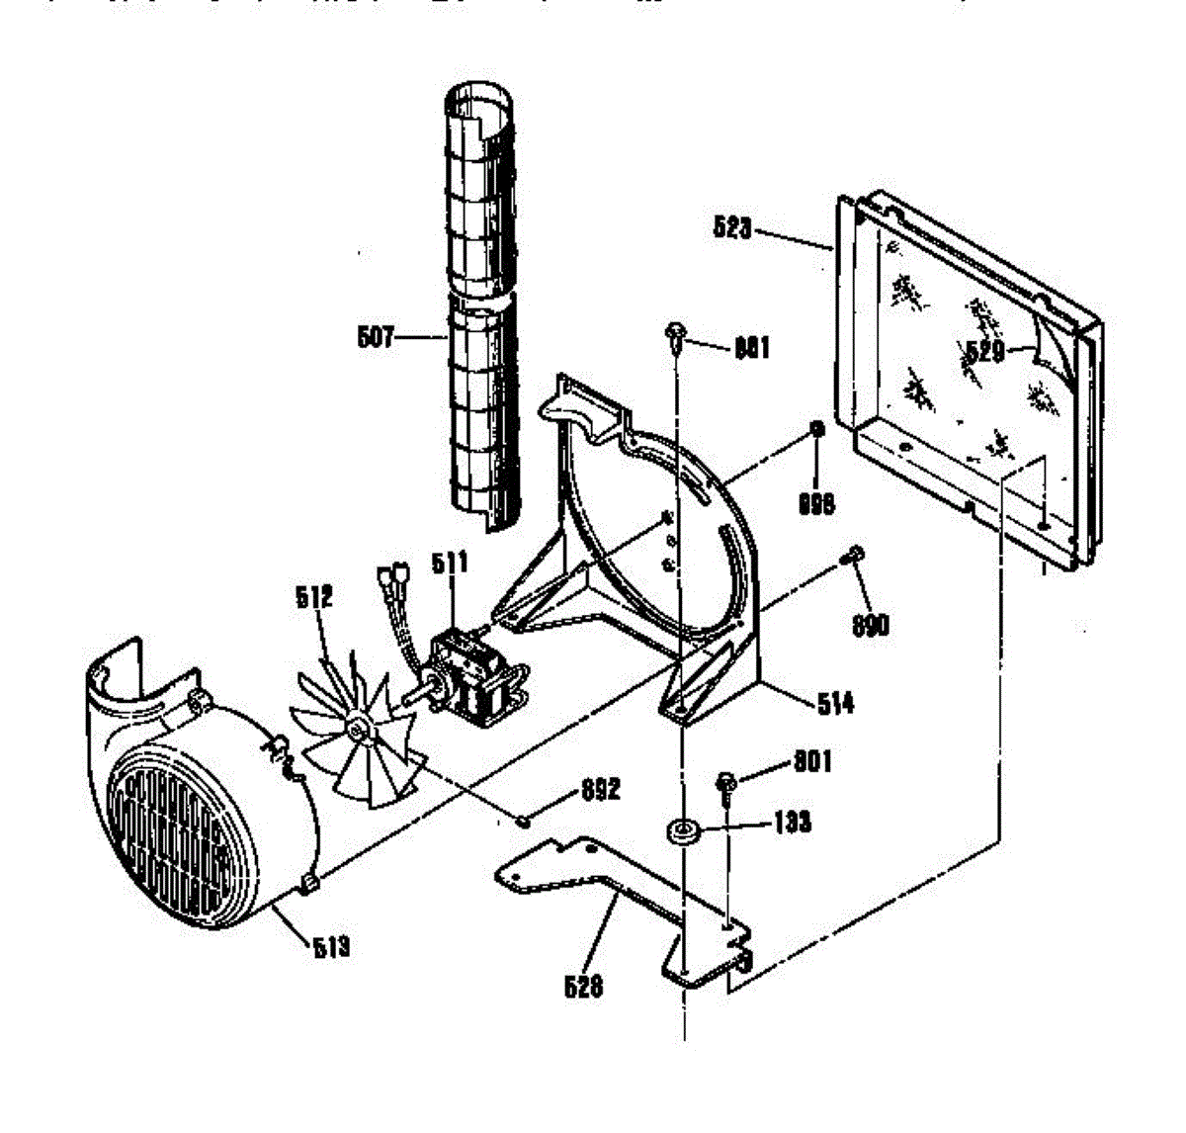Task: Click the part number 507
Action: click(x=375, y=339)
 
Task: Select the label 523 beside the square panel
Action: click(x=732, y=229)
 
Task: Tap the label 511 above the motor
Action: click(x=450, y=565)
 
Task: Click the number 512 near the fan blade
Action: click(x=313, y=597)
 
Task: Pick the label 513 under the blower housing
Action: click(x=330, y=948)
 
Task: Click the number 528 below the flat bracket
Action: click(x=583, y=986)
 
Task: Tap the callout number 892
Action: click(x=600, y=789)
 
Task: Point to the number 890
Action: click(x=870, y=625)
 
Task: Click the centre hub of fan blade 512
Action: click(x=358, y=730)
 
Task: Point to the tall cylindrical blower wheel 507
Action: click(x=482, y=297)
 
